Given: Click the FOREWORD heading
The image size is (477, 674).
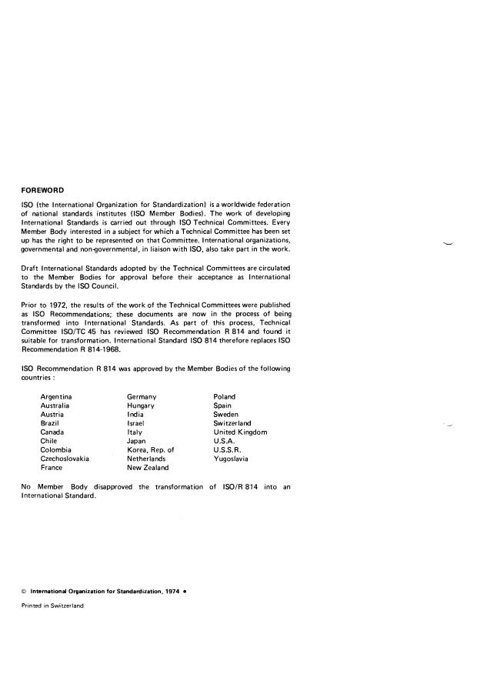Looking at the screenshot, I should click(42, 190).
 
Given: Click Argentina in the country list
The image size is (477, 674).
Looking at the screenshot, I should click(57, 396).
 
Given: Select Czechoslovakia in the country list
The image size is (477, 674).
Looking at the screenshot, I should click(65, 459).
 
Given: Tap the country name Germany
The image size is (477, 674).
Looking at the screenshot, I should click(142, 396).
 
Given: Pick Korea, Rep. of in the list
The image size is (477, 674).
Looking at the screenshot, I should click(151, 449).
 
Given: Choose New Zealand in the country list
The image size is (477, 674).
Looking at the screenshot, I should click(148, 467).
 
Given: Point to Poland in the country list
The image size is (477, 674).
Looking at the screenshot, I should click(225, 396).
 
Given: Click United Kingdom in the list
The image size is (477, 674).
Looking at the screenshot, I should click(240, 432).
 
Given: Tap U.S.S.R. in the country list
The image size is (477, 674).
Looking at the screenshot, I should click(228, 449).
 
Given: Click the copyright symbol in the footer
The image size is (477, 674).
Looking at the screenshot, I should click(24, 591).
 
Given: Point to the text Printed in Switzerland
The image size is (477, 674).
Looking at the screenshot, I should click(52, 606).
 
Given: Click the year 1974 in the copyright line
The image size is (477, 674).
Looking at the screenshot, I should click(174, 591).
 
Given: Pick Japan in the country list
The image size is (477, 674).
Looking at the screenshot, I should click(136, 441).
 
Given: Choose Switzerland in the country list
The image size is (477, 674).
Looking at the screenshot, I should click(232, 423).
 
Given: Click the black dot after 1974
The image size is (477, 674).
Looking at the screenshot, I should click(185, 591).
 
